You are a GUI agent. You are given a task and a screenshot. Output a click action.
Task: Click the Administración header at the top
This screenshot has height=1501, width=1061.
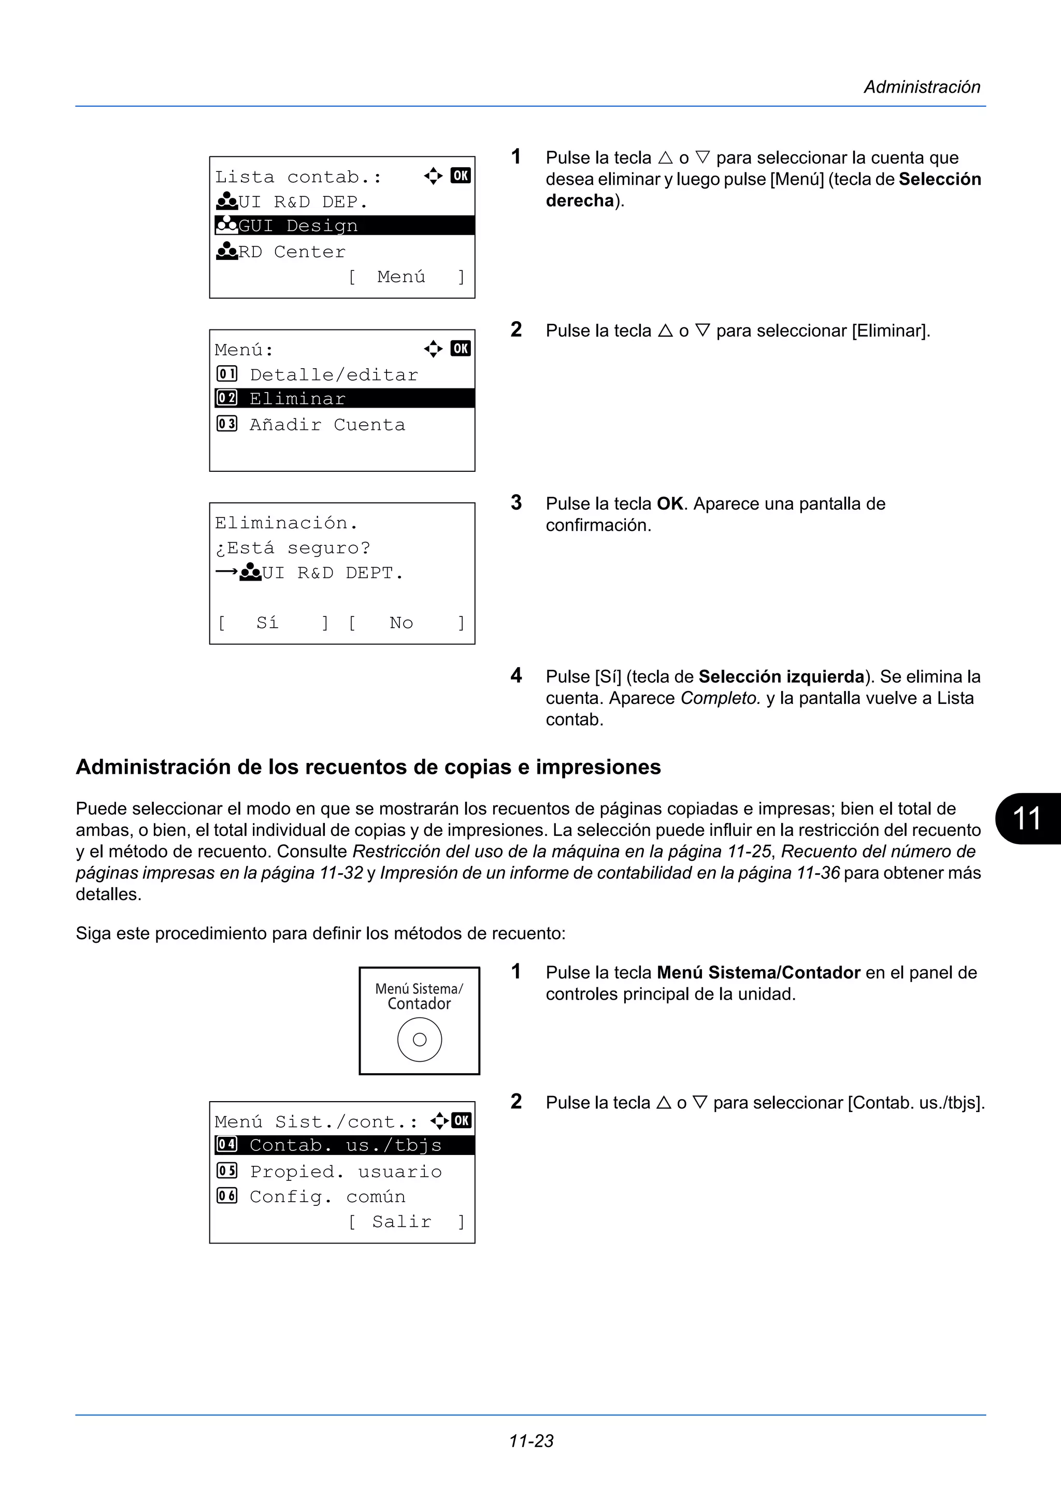pos(922,87)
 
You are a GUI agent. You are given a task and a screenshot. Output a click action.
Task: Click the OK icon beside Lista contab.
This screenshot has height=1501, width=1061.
pos(460,175)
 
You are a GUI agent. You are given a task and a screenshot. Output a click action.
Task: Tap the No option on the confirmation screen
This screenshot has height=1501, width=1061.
pos(402,623)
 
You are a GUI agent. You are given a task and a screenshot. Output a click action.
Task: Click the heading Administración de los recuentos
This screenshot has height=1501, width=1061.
pos(368,767)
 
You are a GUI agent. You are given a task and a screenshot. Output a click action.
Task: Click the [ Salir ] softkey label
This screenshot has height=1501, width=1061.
pos(405,1222)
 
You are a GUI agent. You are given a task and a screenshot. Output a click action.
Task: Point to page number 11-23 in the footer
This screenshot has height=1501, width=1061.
pos(531,1441)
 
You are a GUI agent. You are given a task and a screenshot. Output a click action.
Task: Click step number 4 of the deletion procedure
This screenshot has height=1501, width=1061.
pos(517,675)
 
